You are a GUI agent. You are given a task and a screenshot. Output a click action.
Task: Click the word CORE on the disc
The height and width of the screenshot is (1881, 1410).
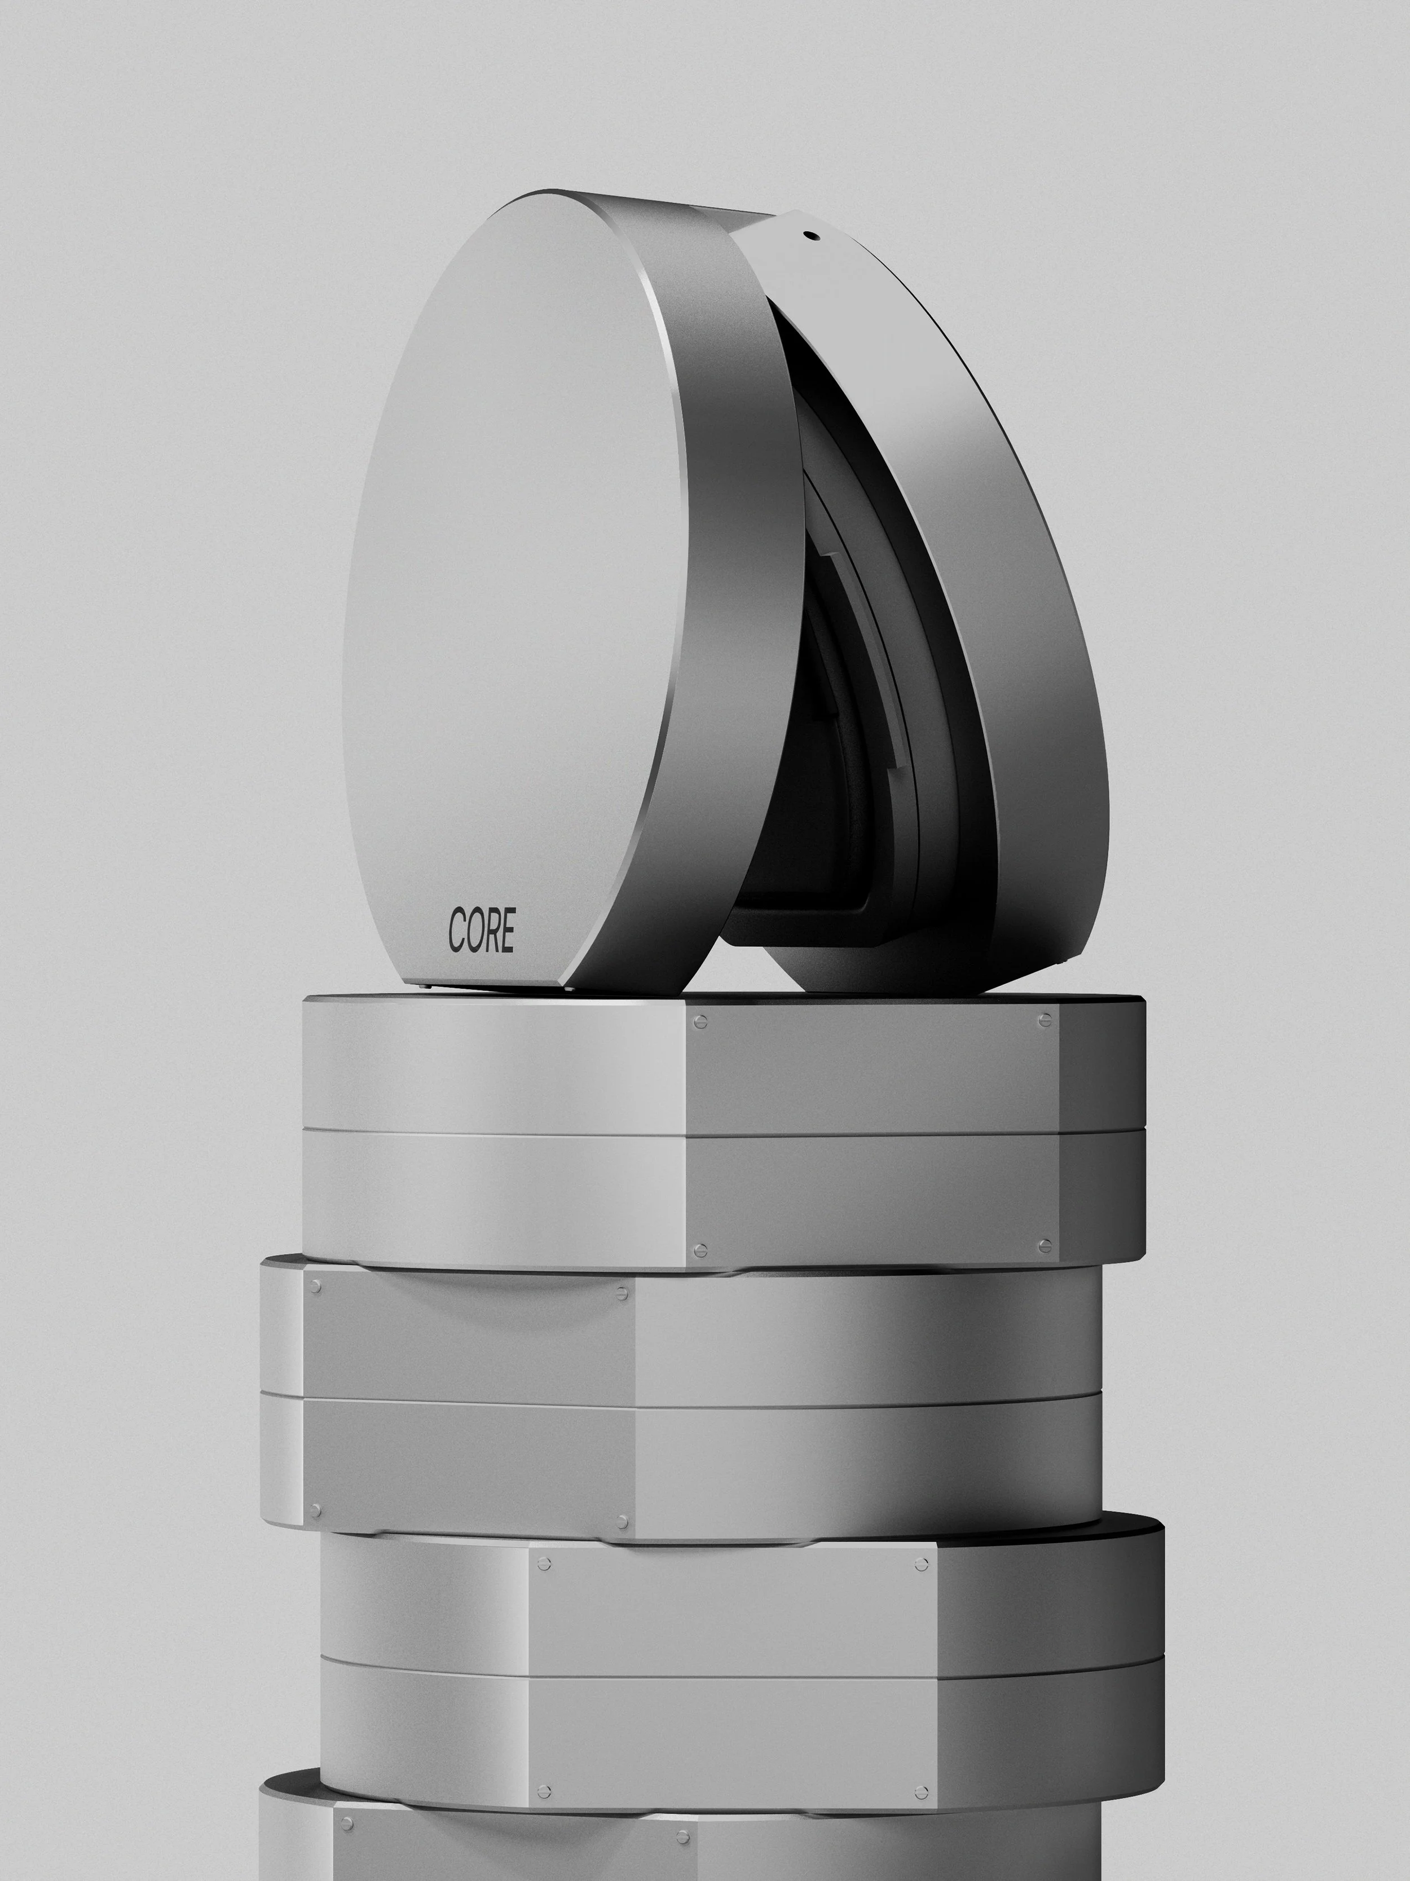[x=481, y=931]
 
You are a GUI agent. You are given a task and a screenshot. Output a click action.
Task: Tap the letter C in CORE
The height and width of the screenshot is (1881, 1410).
[x=457, y=931]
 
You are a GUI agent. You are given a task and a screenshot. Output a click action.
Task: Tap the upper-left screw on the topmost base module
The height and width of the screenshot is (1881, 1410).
[x=700, y=1022]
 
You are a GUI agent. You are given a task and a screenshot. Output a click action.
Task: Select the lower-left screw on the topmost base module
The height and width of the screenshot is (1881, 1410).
[x=700, y=1251]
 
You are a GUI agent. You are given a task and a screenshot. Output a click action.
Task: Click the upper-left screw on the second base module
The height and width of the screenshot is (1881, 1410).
[x=315, y=1287]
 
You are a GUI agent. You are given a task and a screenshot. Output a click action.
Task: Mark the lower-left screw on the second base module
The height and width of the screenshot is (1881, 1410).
[x=315, y=1511]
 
